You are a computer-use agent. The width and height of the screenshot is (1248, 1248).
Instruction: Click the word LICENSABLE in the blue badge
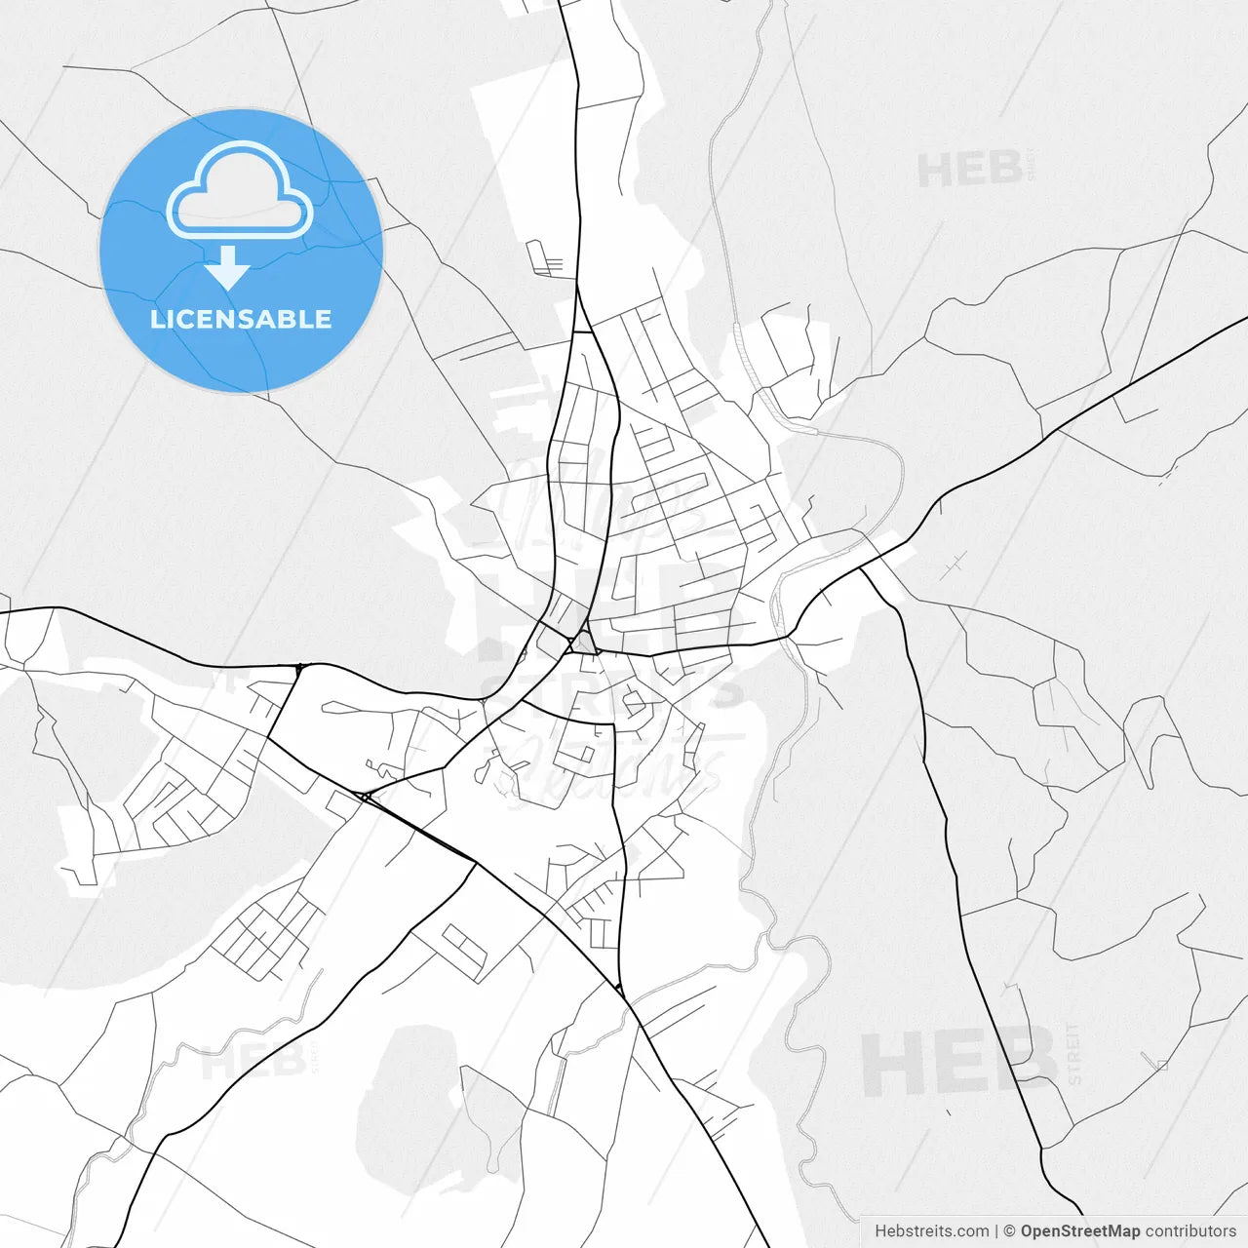(241, 319)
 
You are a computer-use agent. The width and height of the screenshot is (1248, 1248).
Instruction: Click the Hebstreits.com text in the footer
(931, 1231)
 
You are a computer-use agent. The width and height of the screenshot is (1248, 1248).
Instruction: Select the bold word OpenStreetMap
(1079, 1231)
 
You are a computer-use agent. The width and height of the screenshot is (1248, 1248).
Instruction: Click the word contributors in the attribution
(1190, 1231)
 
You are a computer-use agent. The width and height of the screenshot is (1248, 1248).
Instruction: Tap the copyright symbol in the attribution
(1010, 1231)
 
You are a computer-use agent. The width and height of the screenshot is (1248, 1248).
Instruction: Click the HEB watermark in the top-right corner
(970, 171)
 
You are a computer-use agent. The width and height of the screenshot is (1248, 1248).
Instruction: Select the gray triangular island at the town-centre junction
(584, 643)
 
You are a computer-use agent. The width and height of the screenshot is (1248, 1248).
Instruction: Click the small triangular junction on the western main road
(299, 668)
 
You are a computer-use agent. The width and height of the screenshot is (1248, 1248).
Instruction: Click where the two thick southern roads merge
(620, 991)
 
